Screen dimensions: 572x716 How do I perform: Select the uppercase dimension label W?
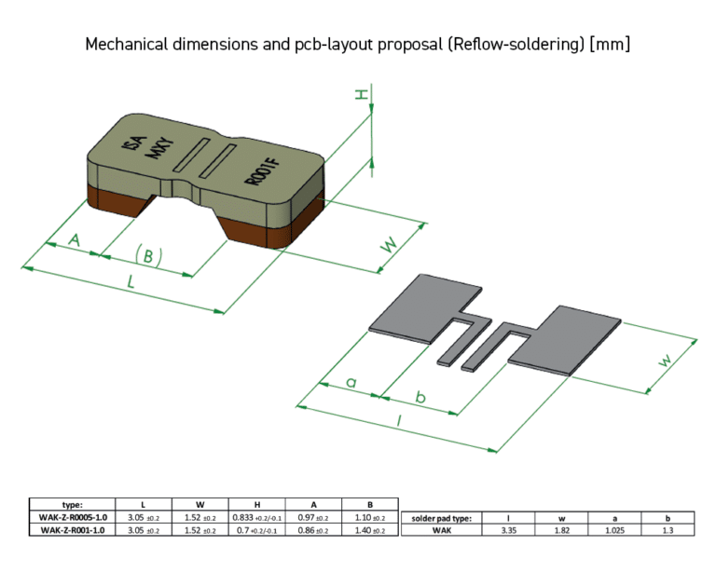tap(390, 245)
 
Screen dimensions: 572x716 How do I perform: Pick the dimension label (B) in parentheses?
tap(149, 256)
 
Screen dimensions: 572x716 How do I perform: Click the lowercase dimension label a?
tap(351, 382)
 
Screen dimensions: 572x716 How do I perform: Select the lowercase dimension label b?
tap(420, 398)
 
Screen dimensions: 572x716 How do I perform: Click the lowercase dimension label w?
tap(665, 361)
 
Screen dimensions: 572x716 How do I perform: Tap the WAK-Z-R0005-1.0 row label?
tap(72, 517)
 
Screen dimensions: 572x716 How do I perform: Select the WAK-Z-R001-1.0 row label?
tap(72, 529)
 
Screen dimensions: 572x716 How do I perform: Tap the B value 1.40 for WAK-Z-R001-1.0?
tap(370, 529)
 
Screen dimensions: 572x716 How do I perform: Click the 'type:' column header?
tap(72, 504)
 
